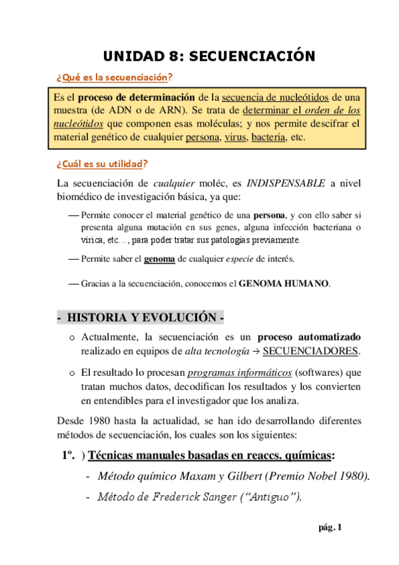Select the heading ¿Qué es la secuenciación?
pyautogui.click(x=114, y=77)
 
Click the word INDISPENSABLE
pyautogui.click(x=286, y=183)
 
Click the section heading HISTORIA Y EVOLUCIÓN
pyautogui.click(x=144, y=316)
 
